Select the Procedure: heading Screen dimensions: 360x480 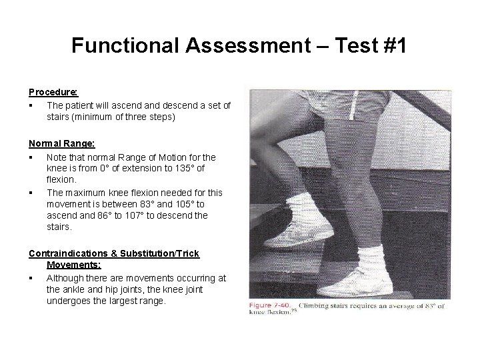click(x=53, y=91)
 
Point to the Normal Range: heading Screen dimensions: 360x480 click(x=61, y=143)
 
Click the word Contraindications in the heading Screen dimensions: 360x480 click(x=70, y=254)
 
